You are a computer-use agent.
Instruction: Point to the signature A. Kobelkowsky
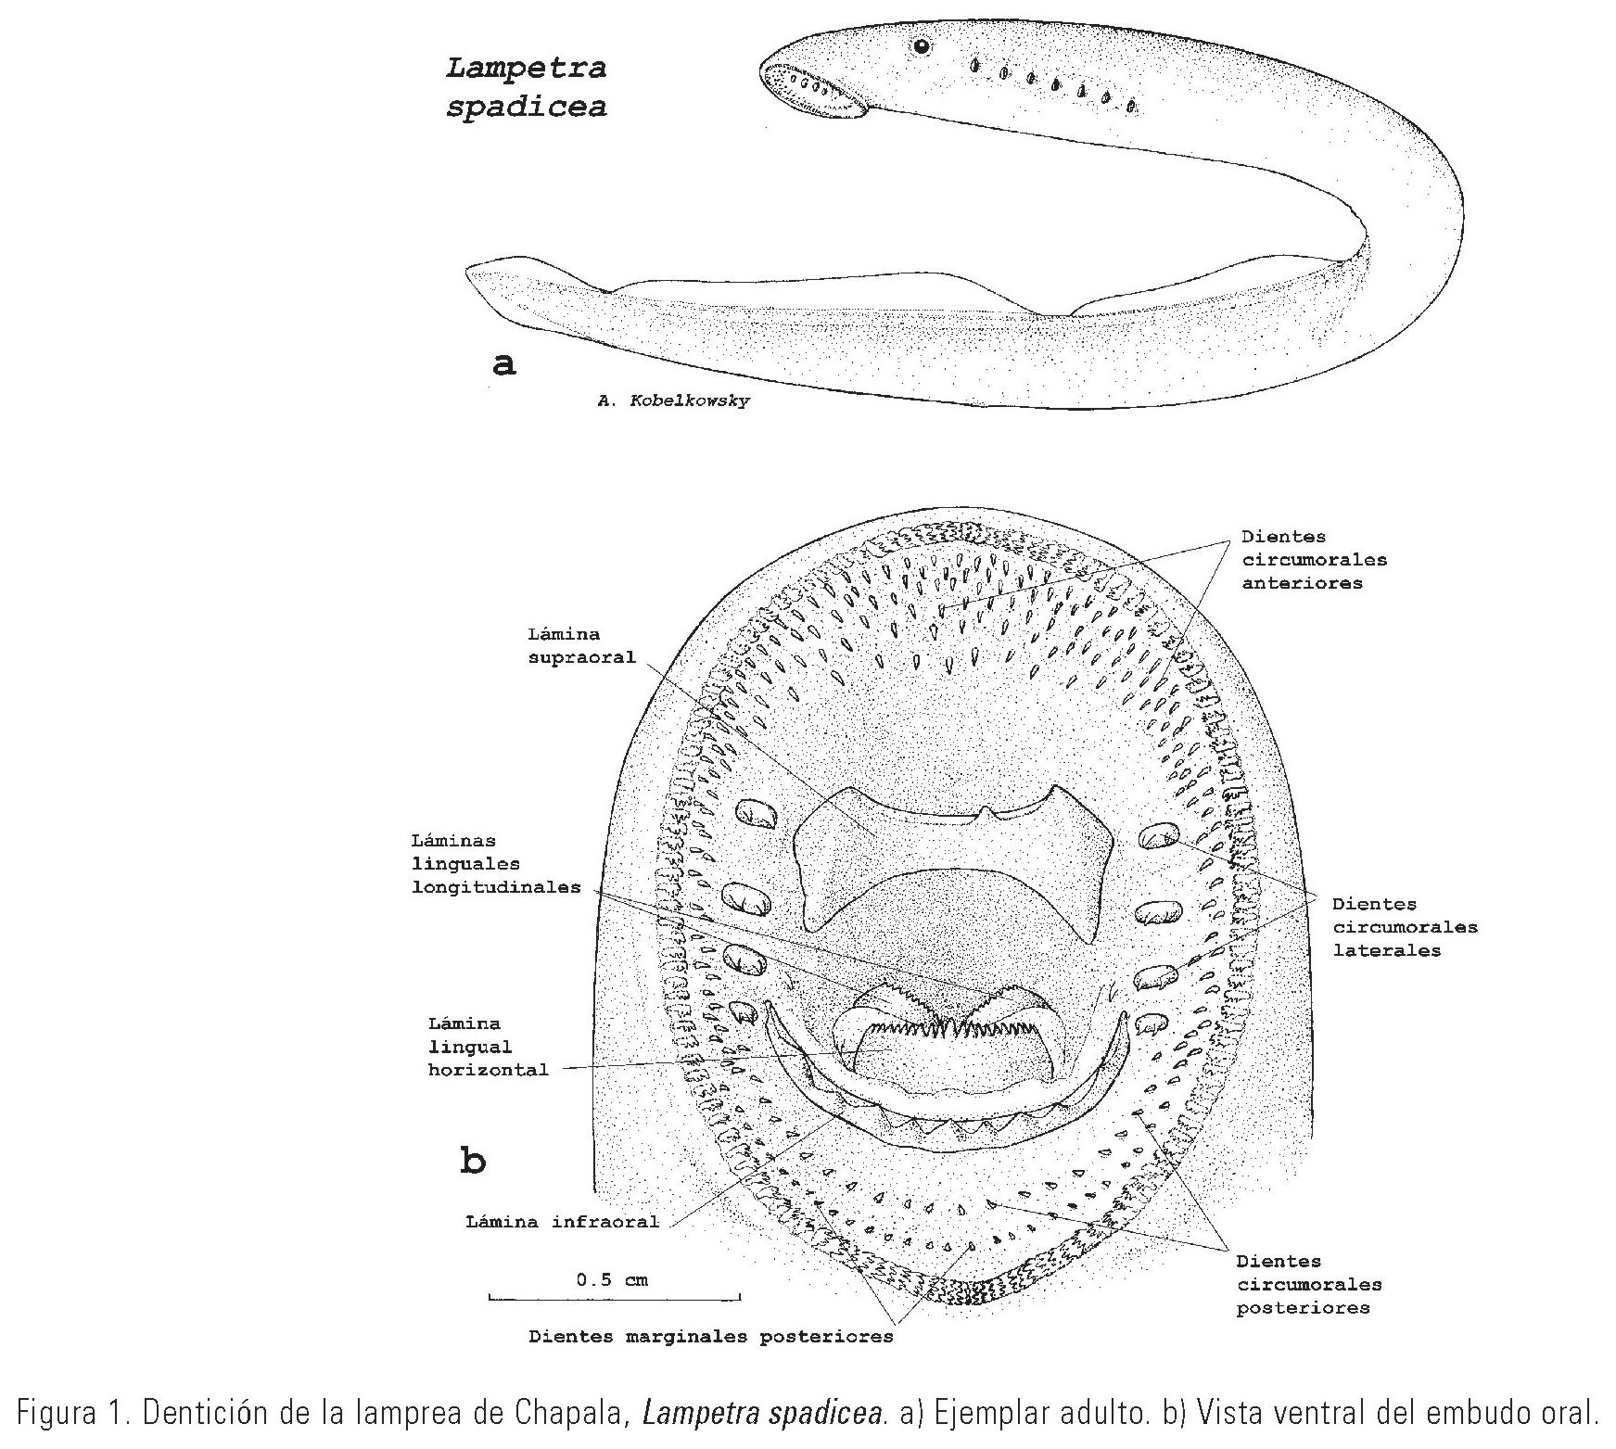pyautogui.click(x=674, y=401)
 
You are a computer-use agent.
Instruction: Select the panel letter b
pyautogui.click(x=473, y=1160)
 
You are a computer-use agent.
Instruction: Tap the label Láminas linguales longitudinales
pyautogui.click(x=496, y=863)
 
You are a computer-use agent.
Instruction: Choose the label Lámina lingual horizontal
pyautogui.click(x=488, y=1047)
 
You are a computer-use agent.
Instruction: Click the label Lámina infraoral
pyautogui.click(x=562, y=1221)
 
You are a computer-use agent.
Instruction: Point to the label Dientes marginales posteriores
pyautogui.click(x=710, y=1336)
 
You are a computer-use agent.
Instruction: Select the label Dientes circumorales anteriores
pyautogui.click(x=1314, y=559)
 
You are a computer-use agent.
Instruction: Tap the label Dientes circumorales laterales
pyautogui.click(x=1404, y=926)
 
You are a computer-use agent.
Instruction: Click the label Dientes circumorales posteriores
pyautogui.click(x=1308, y=1284)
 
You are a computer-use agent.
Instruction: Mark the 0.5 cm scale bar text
pyautogui.click(x=612, y=1280)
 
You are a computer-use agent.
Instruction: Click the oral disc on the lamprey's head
pyautogui.click(x=813, y=90)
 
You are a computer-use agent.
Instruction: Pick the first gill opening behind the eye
pyautogui.click(x=973, y=65)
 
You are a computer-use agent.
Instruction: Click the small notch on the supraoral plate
pyautogui.click(x=986, y=813)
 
